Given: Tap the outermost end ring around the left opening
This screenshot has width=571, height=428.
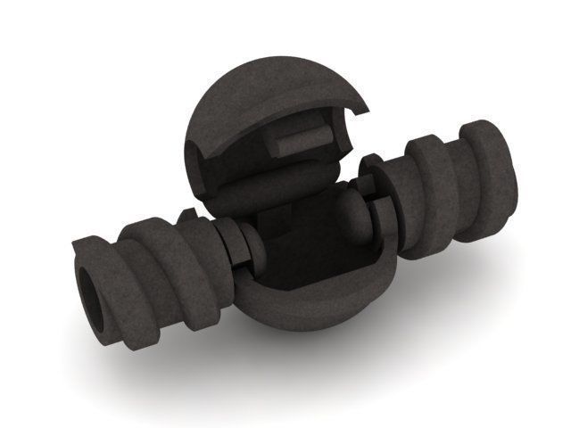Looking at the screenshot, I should pos(82,267).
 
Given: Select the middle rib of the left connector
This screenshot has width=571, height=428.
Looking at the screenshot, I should pos(152,267).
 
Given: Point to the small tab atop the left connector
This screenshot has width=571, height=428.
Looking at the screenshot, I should pos(189,217).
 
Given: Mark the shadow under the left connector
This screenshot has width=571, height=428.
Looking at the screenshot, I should pos(178,366).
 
